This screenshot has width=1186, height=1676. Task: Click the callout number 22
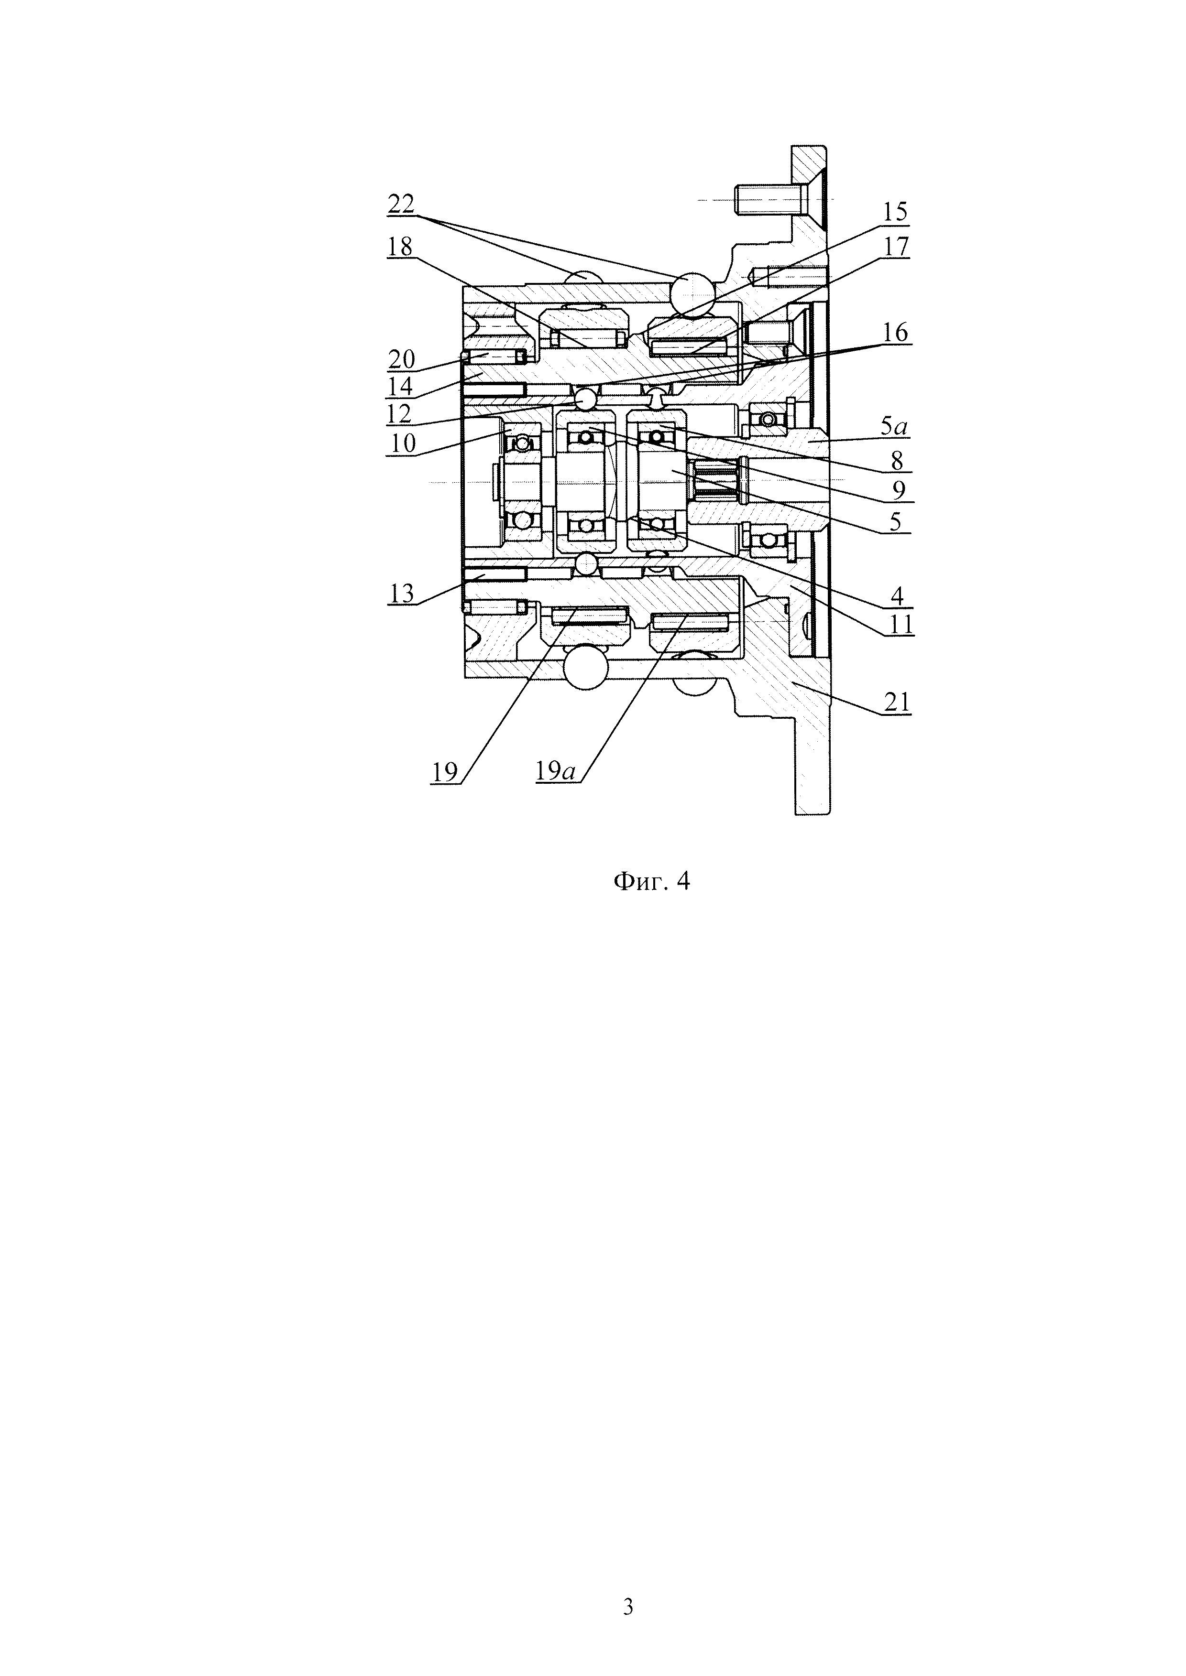[401, 205]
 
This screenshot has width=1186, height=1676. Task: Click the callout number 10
[401, 443]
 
